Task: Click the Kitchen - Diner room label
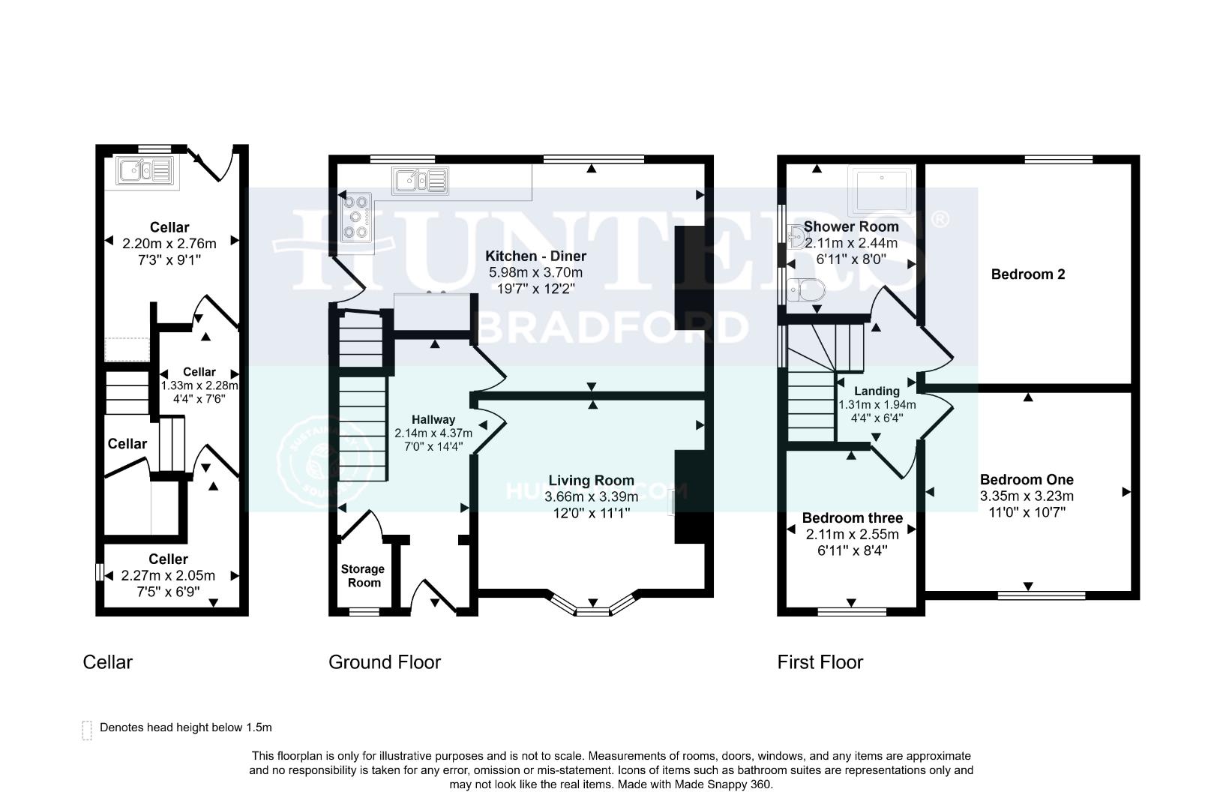535,256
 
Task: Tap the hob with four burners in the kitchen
356,217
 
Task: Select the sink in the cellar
145,170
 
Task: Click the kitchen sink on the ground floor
421,181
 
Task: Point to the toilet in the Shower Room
806,287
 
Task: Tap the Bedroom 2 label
1027,274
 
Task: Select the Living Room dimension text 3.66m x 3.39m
591,496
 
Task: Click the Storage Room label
362,576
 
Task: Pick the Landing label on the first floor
877,391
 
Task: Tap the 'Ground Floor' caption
385,662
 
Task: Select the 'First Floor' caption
820,662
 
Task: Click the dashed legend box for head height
87,730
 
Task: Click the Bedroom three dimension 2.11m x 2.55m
852,535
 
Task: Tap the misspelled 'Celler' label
168,559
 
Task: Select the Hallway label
433,420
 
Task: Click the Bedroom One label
1027,480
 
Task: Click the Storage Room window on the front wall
364,612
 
